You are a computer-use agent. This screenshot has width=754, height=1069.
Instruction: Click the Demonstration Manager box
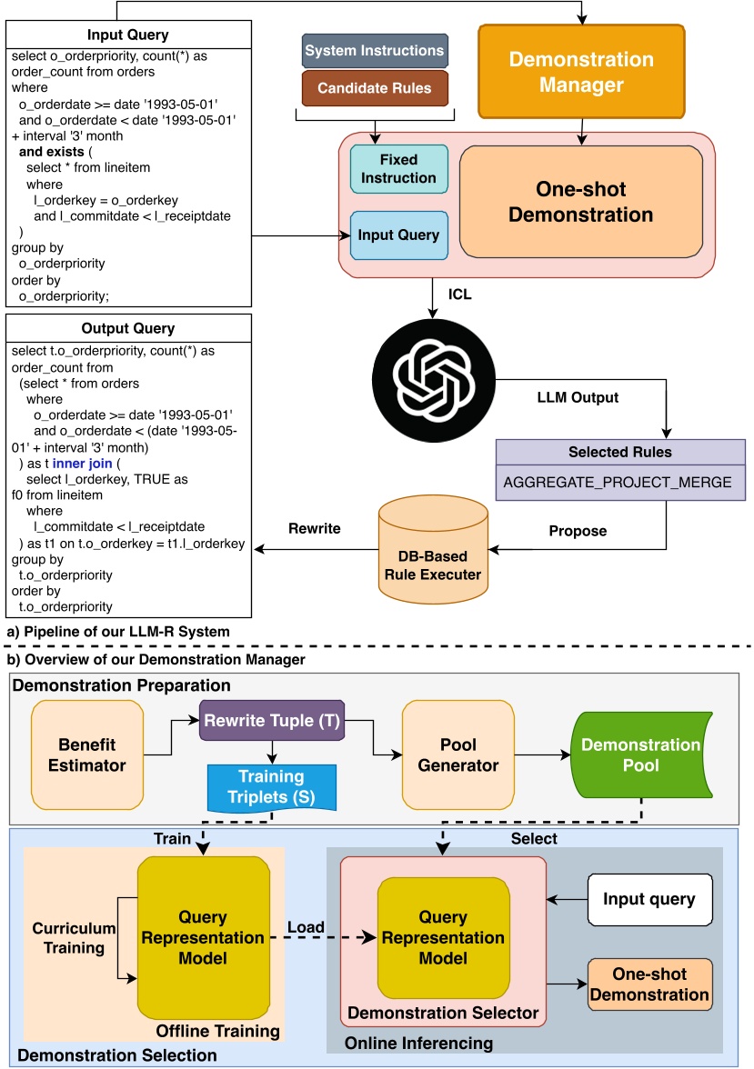click(x=580, y=73)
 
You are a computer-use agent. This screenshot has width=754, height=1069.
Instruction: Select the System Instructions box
click(x=374, y=51)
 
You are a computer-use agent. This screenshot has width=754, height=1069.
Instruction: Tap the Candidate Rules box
click(x=376, y=89)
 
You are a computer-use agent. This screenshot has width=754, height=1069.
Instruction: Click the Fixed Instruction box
click(x=398, y=169)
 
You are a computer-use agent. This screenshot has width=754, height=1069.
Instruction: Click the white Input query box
click(x=649, y=899)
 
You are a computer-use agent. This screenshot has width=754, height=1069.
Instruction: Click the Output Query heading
click(x=127, y=328)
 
